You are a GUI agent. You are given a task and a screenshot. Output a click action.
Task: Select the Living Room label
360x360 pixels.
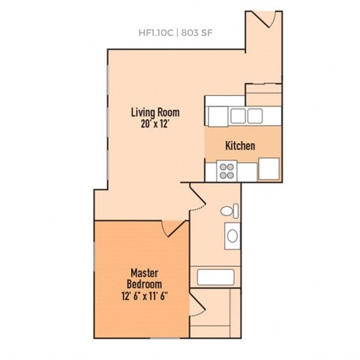point(155,112)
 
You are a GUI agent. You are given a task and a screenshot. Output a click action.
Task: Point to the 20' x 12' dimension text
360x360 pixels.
point(155,124)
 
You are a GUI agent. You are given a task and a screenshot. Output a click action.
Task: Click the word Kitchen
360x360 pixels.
point(241,145)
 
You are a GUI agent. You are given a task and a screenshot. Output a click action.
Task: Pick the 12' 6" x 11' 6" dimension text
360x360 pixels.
point(143,295)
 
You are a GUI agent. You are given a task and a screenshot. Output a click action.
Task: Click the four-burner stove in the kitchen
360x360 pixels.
point(226,172)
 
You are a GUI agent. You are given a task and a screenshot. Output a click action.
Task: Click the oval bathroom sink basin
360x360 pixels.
point(232,238)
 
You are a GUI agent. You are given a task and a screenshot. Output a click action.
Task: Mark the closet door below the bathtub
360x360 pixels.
point(197,304)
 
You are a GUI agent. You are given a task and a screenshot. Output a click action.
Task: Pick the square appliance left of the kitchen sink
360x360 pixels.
point(217,115)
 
